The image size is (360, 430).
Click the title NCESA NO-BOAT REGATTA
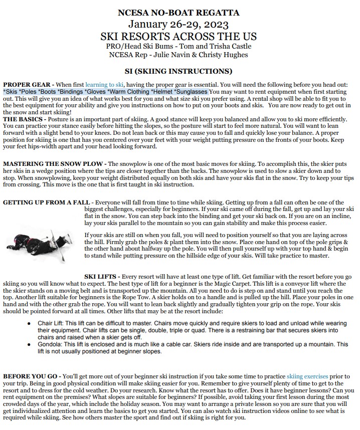[178, 13]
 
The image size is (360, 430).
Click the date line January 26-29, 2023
[178, 24]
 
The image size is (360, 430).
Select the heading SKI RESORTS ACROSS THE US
[178, 37]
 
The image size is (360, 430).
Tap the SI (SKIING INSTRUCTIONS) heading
[178, 71]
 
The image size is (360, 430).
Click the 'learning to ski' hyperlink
[104, 85]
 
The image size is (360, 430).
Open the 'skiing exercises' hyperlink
[306, 376]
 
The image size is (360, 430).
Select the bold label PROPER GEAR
[27, 85]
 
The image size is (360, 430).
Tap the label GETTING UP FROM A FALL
[46, 202]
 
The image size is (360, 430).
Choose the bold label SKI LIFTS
[102, 277]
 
